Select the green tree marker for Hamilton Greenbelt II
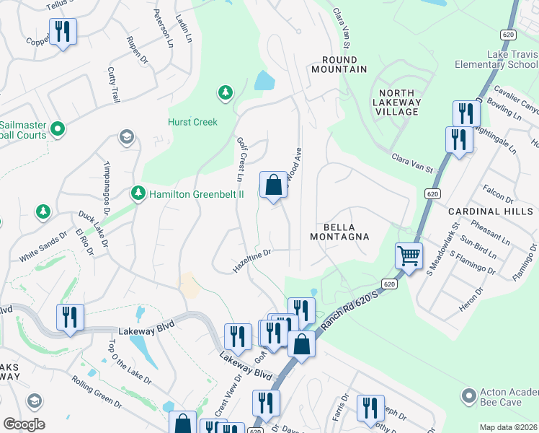[138, 193]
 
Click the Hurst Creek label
[193, 122]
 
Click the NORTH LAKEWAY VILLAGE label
[397, 102]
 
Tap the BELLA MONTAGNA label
[339, 231]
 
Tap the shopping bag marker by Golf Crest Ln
[273, 185]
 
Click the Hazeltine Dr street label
[251, 261]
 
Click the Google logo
[24, 424]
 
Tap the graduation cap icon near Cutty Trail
[127, 137]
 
